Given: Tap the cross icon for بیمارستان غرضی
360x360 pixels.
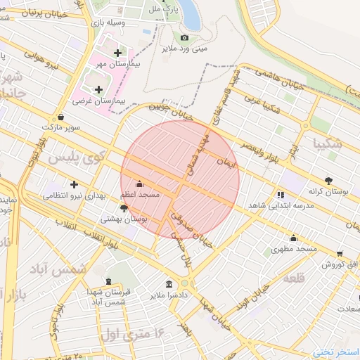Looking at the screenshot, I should pos(98,89).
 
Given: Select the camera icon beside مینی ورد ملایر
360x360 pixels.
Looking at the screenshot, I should pos(185,37).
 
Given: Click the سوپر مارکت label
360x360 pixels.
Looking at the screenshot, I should pos(60,129).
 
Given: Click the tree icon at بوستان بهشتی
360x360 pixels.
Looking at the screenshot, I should pos(124,208).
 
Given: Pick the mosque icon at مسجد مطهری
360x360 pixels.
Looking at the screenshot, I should pos(293,238).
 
